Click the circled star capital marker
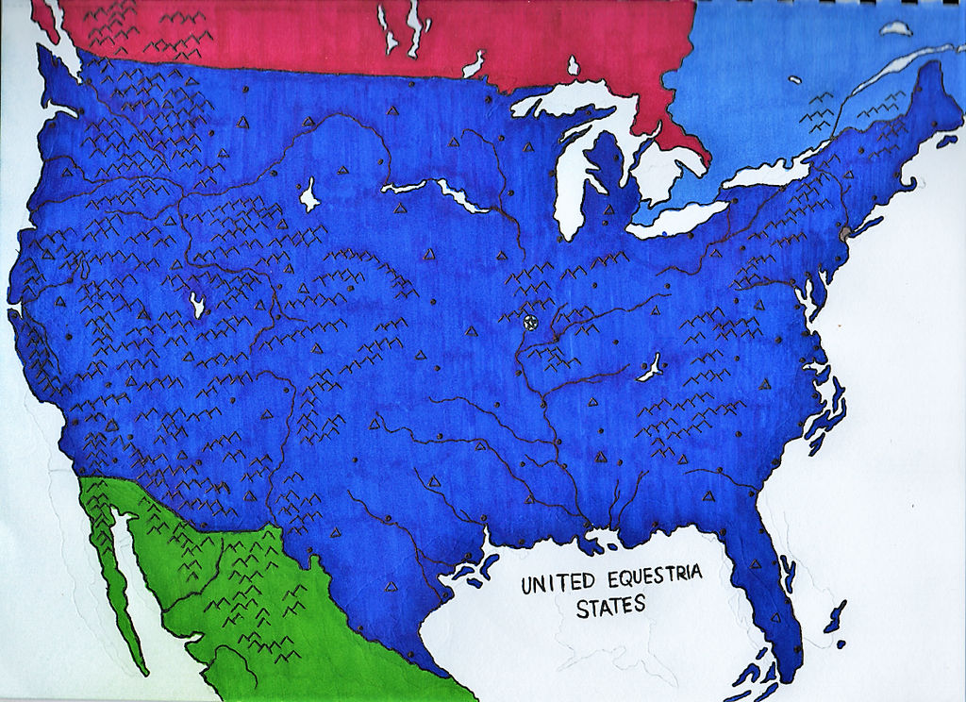(529, 323)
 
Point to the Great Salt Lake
(197, 305)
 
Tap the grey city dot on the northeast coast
(844, 230)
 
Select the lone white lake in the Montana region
(308, 197)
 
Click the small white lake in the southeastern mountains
(649, 368)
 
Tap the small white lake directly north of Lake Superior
(572, 66)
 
